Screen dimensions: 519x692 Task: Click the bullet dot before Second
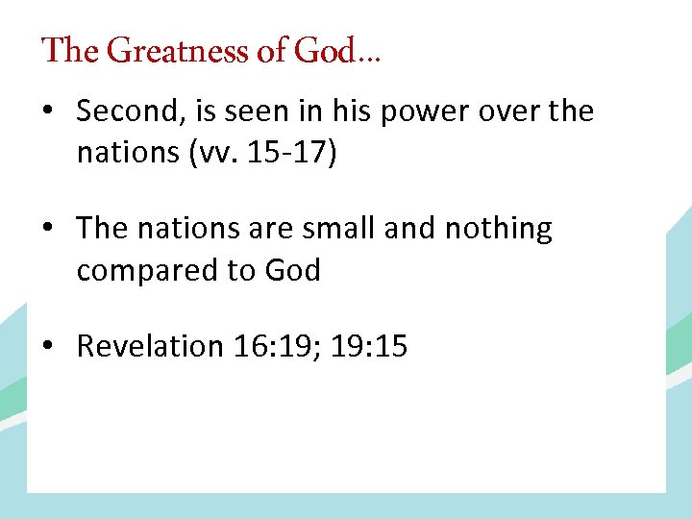click(47, 112)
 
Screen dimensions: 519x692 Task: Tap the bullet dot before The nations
click(47, 230)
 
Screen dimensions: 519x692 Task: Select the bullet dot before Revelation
click(47, 347)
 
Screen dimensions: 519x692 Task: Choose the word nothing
click(499, 230)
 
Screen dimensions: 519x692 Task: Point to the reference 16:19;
click(278, 347)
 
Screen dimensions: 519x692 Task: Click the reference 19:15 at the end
click(369, 347)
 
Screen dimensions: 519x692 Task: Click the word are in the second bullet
click(269, 230)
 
